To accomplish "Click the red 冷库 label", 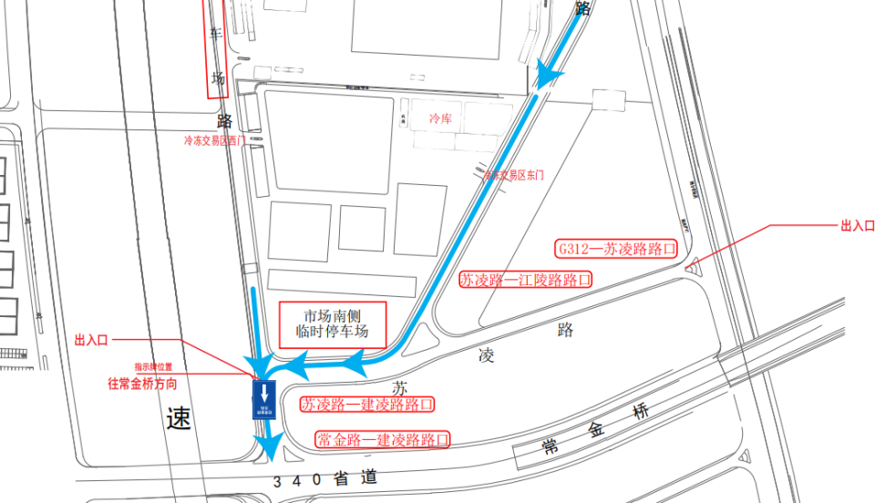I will pos(441,118).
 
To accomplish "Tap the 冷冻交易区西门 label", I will pos(214,141).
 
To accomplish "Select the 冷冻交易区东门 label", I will pos(513,174).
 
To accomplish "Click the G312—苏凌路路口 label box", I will pos(617,248).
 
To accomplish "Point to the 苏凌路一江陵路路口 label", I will pos(525,280).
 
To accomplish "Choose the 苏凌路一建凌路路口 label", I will pos(366,404).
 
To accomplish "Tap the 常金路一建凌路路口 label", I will pos(383,440).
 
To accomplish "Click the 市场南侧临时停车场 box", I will pos(333,323).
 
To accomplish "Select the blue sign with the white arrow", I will pos(264,400).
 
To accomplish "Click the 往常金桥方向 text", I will pos(142,385).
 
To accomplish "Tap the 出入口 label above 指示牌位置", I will pos(91,340).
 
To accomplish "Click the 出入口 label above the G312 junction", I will pos(857,225).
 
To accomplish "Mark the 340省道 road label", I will pos(324,478).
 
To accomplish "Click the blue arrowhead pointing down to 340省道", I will pos(268,446).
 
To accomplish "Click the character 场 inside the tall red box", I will pos(218,78).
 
